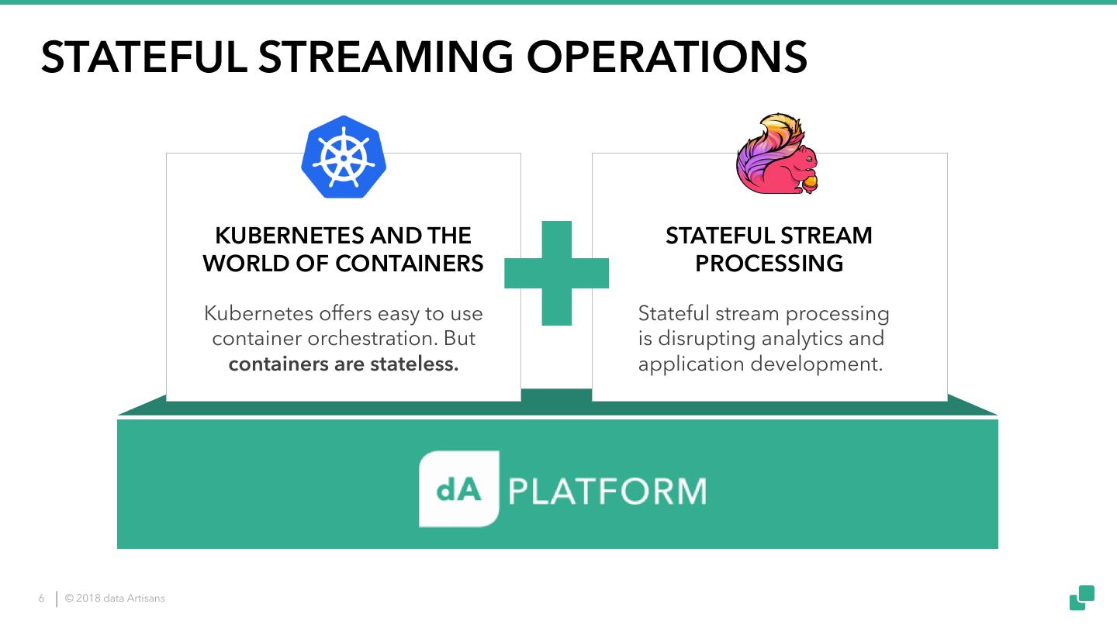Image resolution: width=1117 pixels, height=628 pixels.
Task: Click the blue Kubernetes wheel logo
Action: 344,157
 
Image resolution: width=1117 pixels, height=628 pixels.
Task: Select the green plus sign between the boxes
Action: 556,273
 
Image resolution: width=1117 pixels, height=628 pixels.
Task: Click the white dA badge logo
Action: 458,489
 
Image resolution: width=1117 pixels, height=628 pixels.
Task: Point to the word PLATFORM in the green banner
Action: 607,492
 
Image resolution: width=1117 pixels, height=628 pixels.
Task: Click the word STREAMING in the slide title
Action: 386,57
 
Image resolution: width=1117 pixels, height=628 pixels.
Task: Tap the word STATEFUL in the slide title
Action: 143,57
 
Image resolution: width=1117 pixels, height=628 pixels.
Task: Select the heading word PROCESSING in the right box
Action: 769,264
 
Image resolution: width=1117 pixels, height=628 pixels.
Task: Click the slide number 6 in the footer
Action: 42,599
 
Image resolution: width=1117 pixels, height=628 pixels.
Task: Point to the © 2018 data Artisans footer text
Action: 115,599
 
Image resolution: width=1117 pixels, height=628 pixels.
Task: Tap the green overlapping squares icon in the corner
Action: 1082,598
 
